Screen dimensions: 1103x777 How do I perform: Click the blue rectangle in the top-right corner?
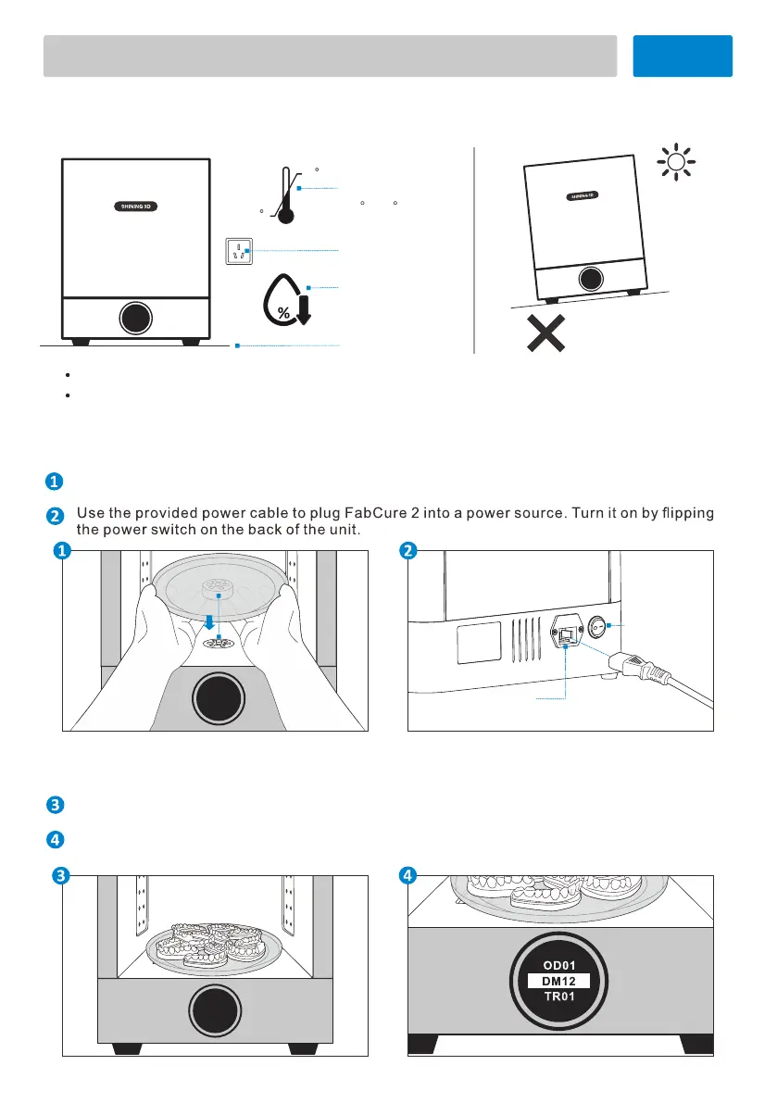click(683, 56)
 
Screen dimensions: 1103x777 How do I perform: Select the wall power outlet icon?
click(240, 250)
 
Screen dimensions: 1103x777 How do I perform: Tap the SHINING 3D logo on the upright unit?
click(135, 206)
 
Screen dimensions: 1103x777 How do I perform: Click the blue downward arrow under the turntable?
click(219, 622)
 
